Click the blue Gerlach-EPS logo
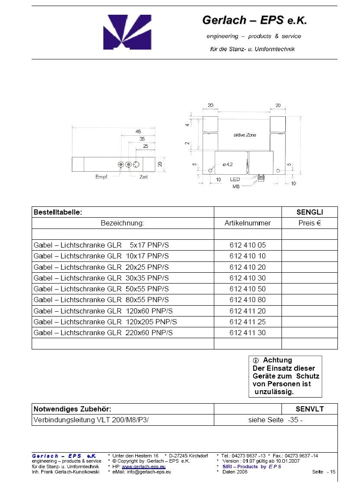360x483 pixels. pyautogui.click(x=127, y=32)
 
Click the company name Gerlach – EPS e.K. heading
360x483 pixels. pyautogui.click(x=254, y=20)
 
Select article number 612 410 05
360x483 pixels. pyautogui.click(x=248, y=245)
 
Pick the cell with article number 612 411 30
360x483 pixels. pyautogui.click(x=248, y=333)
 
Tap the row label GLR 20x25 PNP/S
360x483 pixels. pyautogui.click(x=101, y=267)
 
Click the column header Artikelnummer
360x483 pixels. pyautogui.click(x=248, y=223)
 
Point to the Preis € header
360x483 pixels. pyautogui.click(x=309, y=223)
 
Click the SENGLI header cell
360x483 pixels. pyautogui.click(x=309, y=212)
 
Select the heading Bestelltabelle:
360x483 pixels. pyautogui.click(x=58, y=212)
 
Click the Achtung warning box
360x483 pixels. pyautogui.click(x=285, y=376)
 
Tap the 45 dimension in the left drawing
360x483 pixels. pyautogui.click(x=138, y=131)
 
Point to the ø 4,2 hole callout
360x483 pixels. pyautogui.click(x=228, y=164)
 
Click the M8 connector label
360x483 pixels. pyautogui.click(x=236, y=186)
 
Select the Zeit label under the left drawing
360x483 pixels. pyautogui.click(x=144, y=177)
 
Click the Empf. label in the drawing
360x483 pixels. pyautogui.click(x=101, y=177)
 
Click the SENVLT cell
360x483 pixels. pyautogui.click(x=309, y=409)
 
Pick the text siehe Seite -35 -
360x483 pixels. pyautogui.click(x=275, y=420)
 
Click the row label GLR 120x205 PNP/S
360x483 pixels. pyautogui.click(x=105, y=322)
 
